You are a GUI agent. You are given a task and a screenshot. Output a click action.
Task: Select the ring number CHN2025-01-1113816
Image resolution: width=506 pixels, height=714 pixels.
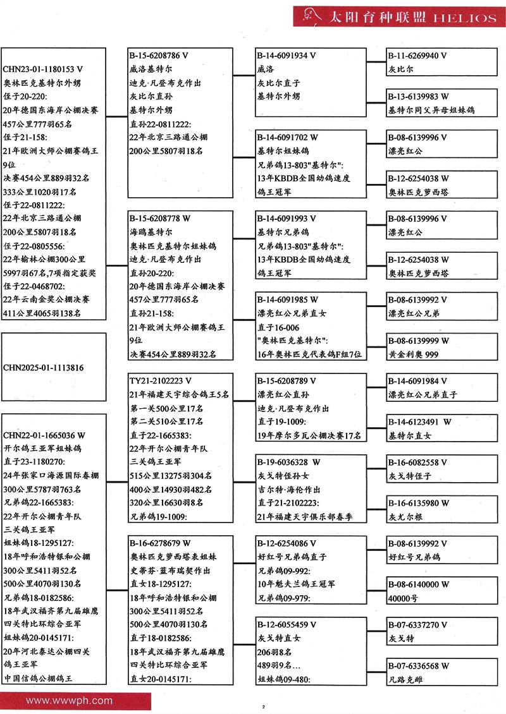(x=44, y=367)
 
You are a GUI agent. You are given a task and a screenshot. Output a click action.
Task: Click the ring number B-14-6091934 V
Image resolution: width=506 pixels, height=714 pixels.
(x=287, y=56)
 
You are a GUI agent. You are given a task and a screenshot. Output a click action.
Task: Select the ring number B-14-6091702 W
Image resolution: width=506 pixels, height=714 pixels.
(x=287, y=136)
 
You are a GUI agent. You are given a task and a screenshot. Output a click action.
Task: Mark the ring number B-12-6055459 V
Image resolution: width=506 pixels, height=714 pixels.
(x=287, y=624)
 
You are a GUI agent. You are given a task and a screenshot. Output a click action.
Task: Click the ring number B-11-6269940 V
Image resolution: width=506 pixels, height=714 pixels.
(x=417, y=56)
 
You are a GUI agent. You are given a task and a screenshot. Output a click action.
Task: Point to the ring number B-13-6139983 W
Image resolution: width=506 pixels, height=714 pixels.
(x=418, y=96)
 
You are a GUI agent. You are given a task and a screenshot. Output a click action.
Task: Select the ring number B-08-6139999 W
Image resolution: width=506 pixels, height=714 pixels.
(x=418, y=341)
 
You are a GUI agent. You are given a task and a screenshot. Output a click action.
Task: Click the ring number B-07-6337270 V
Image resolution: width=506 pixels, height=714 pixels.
(x=417, y=625)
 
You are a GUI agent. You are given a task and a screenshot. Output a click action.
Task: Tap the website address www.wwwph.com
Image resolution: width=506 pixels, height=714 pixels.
(x=69, y=700)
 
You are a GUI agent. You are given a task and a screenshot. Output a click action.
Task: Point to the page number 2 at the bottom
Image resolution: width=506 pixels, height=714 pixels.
(x=262, y=705)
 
